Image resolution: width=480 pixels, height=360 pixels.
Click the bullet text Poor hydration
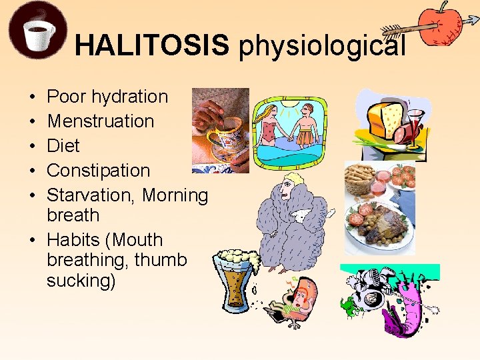[107, 97]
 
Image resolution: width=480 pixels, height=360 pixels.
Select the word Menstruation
[101, 121]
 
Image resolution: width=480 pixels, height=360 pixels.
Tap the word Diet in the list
[63, 146]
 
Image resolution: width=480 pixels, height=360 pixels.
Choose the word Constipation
[99, 171]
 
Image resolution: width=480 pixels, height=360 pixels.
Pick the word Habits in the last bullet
[71, 240]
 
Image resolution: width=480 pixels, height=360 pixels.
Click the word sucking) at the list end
[81, 281]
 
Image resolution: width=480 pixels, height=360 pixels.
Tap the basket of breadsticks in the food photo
[363, 177]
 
